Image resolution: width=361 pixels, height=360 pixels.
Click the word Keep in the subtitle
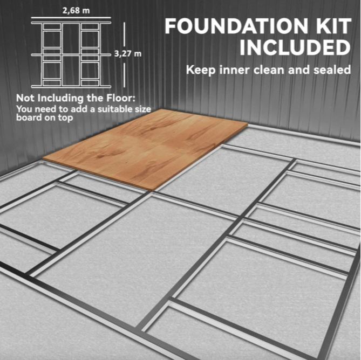pyautogui.click(x=201, y=70)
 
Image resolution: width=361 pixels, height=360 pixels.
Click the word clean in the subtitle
pyautogui.click(x=269, y=70)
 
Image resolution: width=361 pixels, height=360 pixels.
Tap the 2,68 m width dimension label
pyautogui.click(x=76, y=11)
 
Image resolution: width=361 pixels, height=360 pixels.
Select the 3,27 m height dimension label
pyautogui.click(x=128, y=54)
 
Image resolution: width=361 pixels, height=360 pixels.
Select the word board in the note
pyautogui.click(x=28, y=117)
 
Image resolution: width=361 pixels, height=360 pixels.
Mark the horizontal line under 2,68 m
pyautogui.click(x=71, y=17)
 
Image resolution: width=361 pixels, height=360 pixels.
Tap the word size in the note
pyautogui.click(x=143, y=109)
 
